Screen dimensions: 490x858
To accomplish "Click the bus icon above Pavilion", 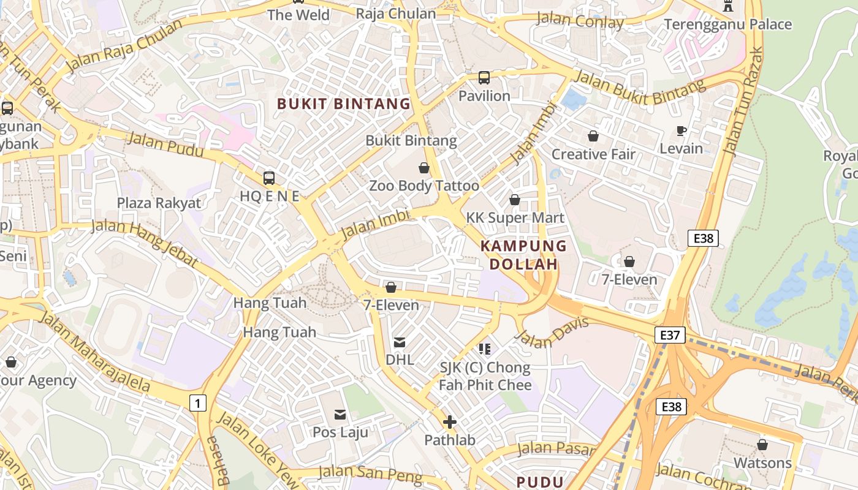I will point(484,78).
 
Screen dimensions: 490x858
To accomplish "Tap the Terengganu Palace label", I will point(728,24).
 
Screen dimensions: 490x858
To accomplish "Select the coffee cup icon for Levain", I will point(681,130).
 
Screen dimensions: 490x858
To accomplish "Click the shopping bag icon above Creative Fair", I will point(593,136).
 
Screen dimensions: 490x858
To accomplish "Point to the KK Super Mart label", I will point(515,217).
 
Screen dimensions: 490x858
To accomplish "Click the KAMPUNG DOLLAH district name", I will point(523,255).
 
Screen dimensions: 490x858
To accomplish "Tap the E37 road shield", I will point(670,335).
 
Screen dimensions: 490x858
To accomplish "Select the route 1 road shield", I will point(197,403).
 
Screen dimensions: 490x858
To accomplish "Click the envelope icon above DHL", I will point(400,342).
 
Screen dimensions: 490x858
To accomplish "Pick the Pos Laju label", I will point(340,432).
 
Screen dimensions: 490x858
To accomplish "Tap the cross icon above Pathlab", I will point(450,422).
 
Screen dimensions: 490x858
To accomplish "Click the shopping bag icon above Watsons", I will point(762,445).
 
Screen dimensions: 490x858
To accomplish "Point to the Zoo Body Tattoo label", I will point(424,186).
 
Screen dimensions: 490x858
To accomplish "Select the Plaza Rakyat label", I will point(159,203).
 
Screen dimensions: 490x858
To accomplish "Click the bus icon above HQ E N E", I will point(269,178).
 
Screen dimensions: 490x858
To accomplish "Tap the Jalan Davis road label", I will point(552,331).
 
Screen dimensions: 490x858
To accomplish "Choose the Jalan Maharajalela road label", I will point(95,351).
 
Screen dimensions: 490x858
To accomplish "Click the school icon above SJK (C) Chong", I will point(485,349).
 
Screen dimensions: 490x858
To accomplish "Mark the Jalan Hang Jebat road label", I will point(145,243).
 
